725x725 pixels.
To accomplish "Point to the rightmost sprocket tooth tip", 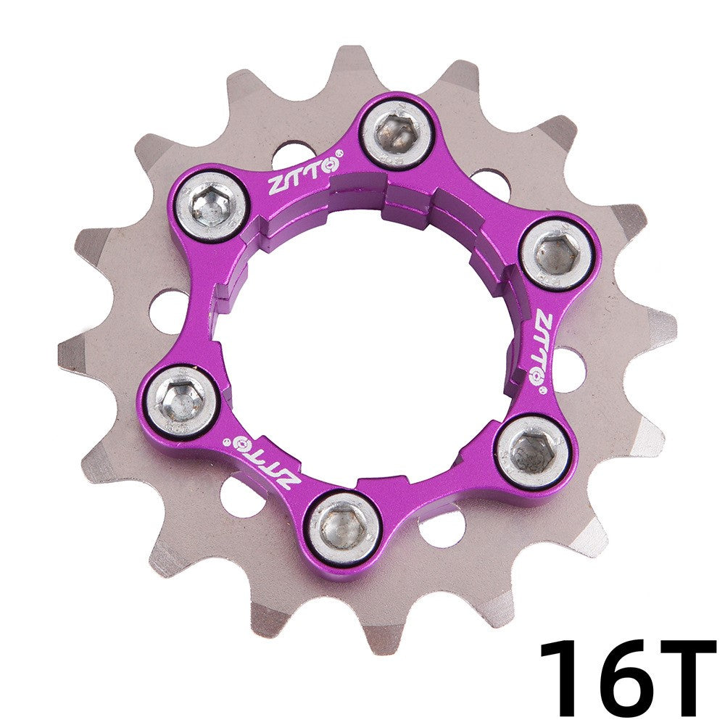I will tap(671, 326).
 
